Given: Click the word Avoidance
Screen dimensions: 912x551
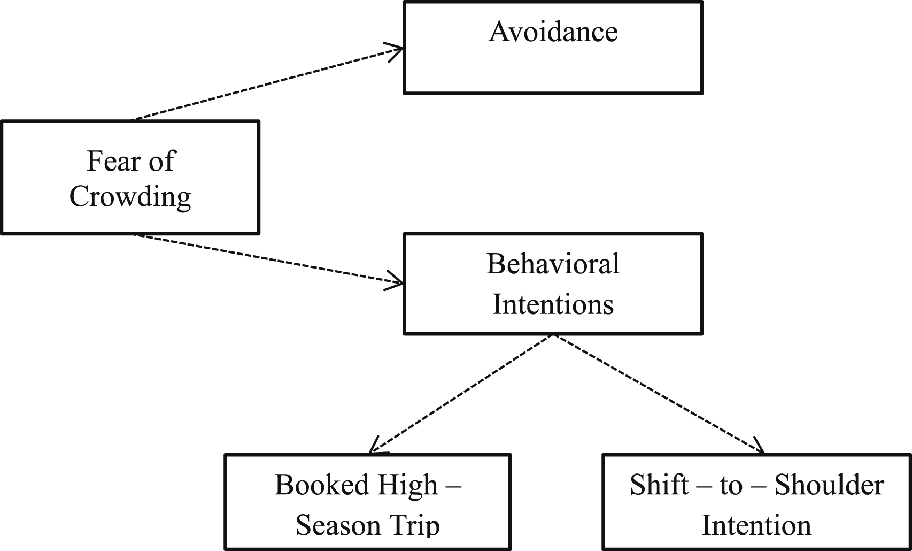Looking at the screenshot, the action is pyautogui.click(x=553, y=32).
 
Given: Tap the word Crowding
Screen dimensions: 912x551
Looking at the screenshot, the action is pyautogui.click(x=130, y=197).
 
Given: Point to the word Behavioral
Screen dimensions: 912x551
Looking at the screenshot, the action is pyautogui.click(x=553, y=264).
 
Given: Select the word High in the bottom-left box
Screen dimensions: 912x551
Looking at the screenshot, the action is pyautogui.click(x=407, y=486).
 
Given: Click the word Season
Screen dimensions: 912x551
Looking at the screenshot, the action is pyautogui.click(x=338, y=525).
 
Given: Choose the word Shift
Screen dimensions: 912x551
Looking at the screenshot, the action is pyautogui.click(x=659, y=485).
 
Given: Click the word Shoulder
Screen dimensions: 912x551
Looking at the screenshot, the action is pyautogui.click(x=829, y=485).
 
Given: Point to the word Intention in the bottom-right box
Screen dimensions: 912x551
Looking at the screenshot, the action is pyautogui.click(x=756, y=525).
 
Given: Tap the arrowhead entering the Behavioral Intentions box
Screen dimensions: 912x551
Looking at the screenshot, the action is pyautogui.click(x=393, y=281).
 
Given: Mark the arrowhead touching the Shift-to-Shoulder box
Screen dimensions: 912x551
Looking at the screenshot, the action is pyautogui.click(x=758, y=447).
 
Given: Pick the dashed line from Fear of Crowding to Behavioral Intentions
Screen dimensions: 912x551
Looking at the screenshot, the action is pyautogui.click(x=269, y=259).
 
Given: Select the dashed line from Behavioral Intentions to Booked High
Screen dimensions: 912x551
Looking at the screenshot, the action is pyautogui.click(x=461, y=394).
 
